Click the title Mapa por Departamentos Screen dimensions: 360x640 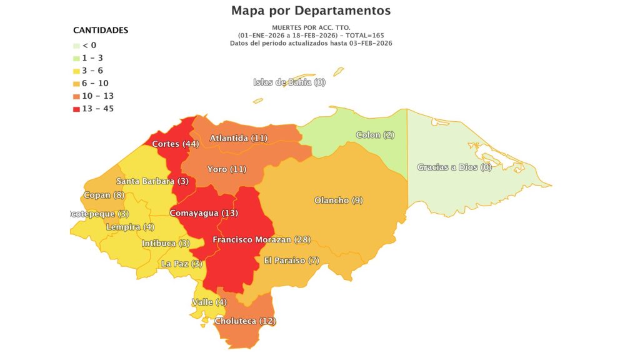click(311, 11)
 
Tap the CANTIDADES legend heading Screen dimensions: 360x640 click(101, 30)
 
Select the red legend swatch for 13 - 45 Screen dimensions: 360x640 click(76, 109)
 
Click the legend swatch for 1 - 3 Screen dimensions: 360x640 click(76, 58)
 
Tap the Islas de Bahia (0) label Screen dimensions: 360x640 click(289, 82)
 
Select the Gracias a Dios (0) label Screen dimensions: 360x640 click(454, 167)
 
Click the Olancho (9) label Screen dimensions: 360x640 click(338, 201)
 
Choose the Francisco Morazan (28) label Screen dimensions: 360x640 click(261, 240)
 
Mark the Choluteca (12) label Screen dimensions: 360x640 click(245, 321)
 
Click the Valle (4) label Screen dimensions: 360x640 click(209, 302)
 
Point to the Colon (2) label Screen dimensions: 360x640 click(375, 135)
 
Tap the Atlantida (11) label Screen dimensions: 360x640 click(239, 138)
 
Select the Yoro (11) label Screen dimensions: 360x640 click(227, 169)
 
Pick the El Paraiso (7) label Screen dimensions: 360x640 click(291, 260)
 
